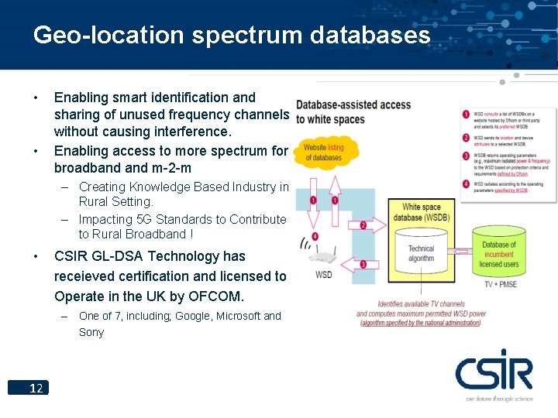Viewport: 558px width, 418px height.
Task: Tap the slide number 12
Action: coord(36,388)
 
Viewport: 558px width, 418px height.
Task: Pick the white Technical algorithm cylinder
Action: coord(421,254)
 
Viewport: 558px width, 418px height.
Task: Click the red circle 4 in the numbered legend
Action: coord(466,183)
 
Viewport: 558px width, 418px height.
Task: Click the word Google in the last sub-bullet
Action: coord(191,316)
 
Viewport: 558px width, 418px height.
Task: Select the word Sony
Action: coord(91,332)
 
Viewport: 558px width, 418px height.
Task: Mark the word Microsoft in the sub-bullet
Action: coord(238,316)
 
